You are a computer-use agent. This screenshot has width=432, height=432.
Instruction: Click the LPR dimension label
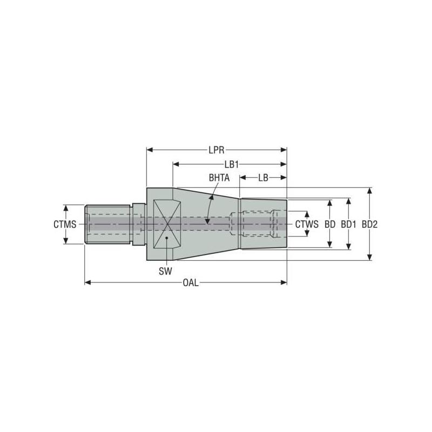coord(216,150)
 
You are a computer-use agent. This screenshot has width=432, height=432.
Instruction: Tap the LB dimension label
coord(263,177)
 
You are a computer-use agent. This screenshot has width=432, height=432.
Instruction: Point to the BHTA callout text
coord(219,177)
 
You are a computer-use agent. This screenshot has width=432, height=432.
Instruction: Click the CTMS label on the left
coord(64,224)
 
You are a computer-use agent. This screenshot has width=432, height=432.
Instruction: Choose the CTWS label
coord(306,224)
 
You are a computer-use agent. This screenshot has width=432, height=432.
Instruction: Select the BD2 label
coord(369,224)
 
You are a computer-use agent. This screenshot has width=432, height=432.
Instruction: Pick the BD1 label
coord(349,224)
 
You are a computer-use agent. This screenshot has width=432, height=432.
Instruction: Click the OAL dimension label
coord(190,282)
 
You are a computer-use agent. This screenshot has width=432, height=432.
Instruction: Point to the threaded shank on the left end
coord(108,224)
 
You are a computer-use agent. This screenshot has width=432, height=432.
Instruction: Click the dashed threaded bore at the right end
coord(254,224)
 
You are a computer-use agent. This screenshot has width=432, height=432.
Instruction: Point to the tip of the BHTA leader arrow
coord(207,221)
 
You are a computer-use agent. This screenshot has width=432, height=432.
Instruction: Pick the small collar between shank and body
coord(139,224)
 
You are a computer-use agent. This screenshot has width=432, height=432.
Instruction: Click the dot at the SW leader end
coord(167,238)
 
